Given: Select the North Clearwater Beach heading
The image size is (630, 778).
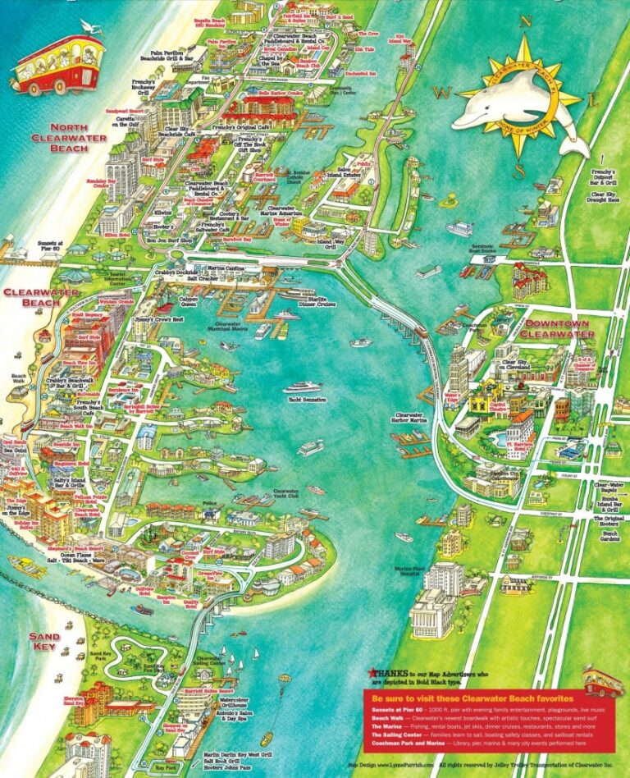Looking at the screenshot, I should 79,138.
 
